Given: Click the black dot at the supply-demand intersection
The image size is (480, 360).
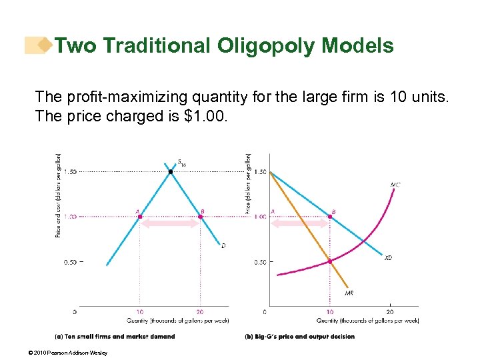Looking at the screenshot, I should tap(170, 172).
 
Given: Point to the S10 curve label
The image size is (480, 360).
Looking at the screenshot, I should tap(181, 162).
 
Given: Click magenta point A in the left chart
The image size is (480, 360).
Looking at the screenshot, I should tap(139, 217).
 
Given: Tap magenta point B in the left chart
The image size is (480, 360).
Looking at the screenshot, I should tap(200, 217).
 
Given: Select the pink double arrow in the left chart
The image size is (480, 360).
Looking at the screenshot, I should tap(170, 224).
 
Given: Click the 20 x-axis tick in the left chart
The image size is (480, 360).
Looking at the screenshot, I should tap(200, 311).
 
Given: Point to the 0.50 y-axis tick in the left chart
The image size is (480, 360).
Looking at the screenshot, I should tap(70, 262).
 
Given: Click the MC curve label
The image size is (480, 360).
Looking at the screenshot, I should tap(395, 185).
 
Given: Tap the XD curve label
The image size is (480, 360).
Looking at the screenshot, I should tap(388, 257).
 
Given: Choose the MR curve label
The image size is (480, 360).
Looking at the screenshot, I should tap(349, 293).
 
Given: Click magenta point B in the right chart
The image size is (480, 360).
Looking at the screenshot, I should tap(330, 217).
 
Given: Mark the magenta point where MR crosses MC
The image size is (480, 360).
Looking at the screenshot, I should tap(330, 261).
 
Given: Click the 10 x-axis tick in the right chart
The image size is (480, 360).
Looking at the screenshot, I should tap(330, 311).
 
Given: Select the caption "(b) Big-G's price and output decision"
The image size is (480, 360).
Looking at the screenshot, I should tap(299, 337).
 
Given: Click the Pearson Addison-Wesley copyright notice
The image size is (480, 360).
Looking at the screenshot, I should tap(69, 353).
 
